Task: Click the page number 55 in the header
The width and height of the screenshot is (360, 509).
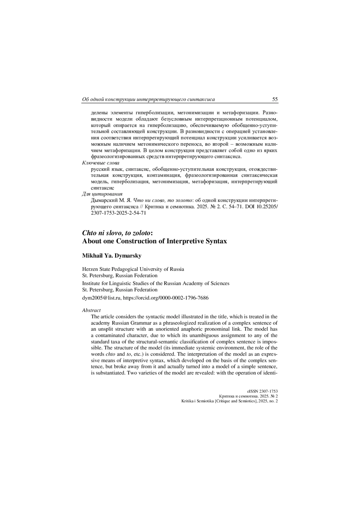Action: pos(275,99)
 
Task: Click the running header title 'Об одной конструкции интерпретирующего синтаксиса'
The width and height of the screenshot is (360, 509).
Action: pos(148,99)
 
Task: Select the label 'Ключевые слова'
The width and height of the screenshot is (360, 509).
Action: pos(100,163)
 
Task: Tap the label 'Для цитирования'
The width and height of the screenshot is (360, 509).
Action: pos(102,194)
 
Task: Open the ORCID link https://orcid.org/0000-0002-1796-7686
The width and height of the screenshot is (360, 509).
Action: pos(166,298)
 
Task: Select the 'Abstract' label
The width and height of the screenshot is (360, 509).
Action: pos(91,310)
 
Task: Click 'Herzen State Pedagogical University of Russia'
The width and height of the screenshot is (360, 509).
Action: pos(133,269)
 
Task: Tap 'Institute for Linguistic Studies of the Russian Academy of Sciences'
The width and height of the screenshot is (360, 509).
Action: pos(156,283)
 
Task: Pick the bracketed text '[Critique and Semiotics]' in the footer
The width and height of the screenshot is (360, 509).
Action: pos(236,401)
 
